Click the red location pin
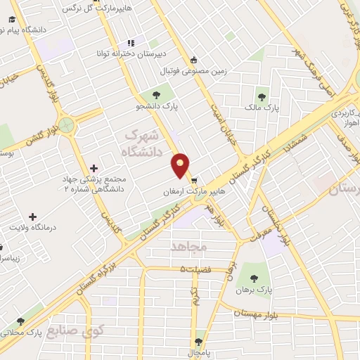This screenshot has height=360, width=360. pyautogui.click(x=181, y=165)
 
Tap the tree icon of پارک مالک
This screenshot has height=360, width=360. pyautogui.click(x=262, y=97)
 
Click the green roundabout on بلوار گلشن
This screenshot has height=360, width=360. pyautogui.click(x=67, y=126)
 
